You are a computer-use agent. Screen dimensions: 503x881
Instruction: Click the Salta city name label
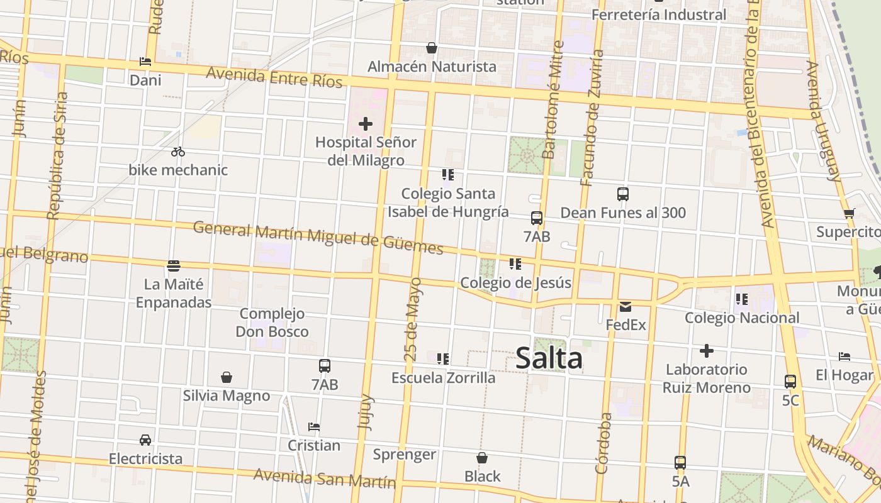549,358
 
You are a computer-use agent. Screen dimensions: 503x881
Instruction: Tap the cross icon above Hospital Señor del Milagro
365,124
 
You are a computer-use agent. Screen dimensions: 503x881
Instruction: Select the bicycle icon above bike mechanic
178,152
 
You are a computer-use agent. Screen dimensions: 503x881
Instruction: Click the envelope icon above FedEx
626,307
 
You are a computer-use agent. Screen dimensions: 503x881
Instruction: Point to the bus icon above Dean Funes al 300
623,194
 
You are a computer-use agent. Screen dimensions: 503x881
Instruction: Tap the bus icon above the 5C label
790,382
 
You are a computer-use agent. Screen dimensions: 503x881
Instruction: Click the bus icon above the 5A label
680,463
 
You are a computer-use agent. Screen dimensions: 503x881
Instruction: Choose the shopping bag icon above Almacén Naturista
432,48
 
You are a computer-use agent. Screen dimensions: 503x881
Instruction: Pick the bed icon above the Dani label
145,62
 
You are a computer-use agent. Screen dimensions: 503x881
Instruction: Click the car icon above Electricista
145,440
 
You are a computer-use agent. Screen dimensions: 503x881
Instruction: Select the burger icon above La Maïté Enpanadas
174,265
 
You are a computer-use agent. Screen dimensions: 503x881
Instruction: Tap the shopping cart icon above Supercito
849,213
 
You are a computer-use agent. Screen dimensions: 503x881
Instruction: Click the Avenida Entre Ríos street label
274,77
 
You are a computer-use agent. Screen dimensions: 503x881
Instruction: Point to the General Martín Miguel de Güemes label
318,237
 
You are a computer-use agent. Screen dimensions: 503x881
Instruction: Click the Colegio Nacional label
742,318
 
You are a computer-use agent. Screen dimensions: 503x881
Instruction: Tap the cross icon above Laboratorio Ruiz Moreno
707,351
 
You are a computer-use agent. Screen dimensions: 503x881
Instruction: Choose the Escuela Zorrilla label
443,378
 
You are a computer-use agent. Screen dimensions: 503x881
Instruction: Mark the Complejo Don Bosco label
272,323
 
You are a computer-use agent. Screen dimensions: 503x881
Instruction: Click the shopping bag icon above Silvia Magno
227,377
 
